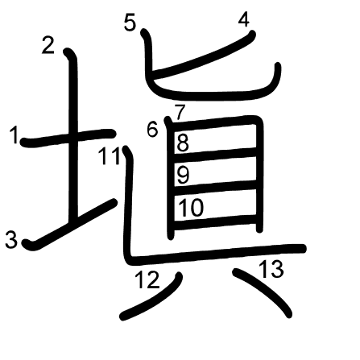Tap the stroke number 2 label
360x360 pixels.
coord(48,45)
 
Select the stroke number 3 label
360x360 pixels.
coord(11,240)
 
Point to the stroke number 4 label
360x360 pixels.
coord(244,19)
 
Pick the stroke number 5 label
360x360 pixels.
coord(130,23)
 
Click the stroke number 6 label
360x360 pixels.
coord(152,129)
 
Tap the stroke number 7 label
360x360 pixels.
coord(180,113)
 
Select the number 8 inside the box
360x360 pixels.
coord(183,143)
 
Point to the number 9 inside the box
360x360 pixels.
coord(184,175)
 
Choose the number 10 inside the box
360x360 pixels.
coord(191,208)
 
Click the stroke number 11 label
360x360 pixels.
coord(109,156)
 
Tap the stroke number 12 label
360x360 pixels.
coord(147,279)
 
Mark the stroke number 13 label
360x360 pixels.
coord(271,269)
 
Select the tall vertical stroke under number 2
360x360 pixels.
coord(72,134)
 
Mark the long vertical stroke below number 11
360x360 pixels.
coord(128,204)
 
